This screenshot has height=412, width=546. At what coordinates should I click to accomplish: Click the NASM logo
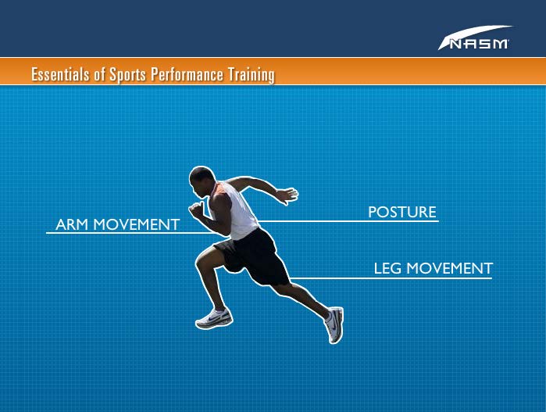point(476,38)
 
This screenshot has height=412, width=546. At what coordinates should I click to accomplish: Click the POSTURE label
point(401,212)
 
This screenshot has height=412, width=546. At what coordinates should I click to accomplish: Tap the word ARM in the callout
point(72,224)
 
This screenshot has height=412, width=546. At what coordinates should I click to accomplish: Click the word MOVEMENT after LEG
point(450,268)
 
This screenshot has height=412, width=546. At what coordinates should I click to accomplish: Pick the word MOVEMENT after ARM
point(137,224)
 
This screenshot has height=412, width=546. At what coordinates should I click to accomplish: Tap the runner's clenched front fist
point(196,210)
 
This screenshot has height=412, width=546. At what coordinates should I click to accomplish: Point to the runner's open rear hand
point(288,195)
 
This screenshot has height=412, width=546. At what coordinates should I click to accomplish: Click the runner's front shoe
point(214,318)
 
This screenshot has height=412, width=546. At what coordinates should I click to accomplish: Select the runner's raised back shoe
point(334,324)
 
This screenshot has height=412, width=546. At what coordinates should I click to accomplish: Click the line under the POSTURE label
point(348,221)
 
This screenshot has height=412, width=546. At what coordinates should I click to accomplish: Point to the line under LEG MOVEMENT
point(391,278)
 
